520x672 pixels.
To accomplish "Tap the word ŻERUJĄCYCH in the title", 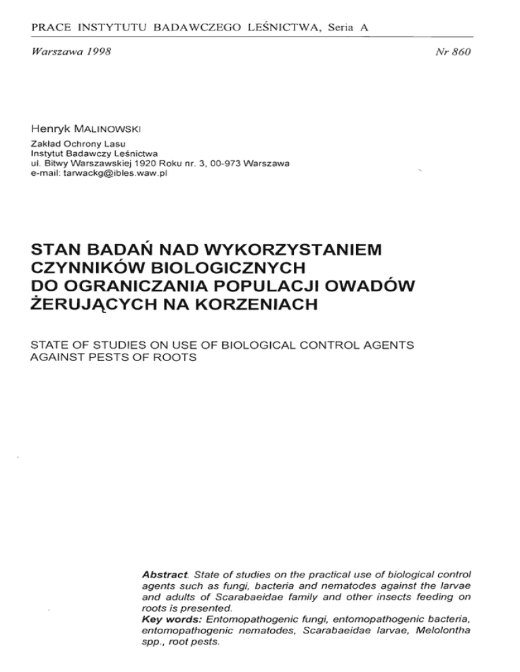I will coord(91,307).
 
